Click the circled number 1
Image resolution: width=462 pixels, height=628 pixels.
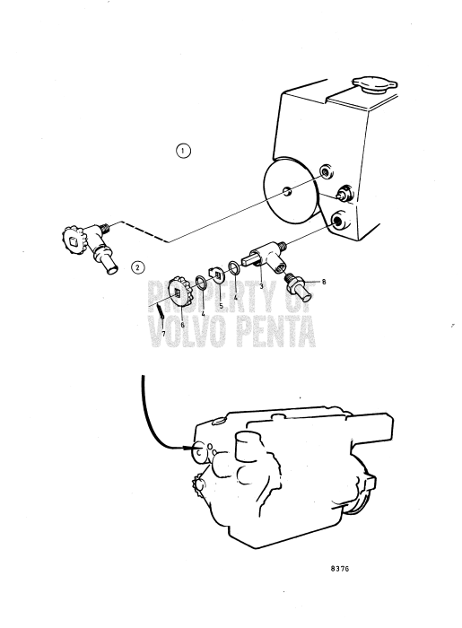183,151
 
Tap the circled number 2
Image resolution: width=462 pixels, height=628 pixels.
138,267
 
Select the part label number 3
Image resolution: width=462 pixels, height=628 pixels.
261,286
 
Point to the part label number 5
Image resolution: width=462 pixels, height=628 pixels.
221,306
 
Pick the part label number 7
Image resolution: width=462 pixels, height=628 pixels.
163,333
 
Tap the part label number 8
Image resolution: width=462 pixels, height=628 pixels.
324,282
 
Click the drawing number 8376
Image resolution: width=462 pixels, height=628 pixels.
340,568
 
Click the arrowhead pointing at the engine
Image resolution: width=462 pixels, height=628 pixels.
187,448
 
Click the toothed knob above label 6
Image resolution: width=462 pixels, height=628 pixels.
180,292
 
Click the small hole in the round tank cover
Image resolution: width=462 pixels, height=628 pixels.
287,191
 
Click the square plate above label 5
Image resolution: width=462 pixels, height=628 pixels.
216,274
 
